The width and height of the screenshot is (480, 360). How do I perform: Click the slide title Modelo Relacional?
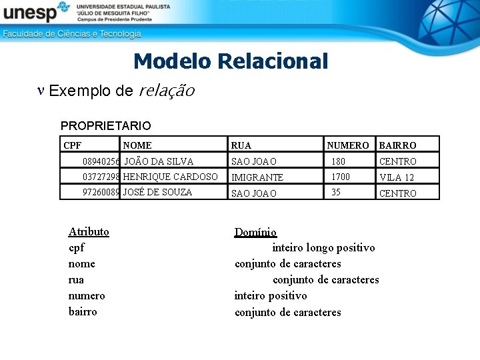231,61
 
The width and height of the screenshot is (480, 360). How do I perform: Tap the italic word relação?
166,91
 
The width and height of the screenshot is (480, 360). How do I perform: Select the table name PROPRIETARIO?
105,125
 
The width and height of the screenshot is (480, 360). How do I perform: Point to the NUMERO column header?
347,145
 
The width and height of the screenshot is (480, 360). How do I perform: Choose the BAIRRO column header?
397,145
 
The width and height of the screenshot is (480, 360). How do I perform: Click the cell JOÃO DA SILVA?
159,161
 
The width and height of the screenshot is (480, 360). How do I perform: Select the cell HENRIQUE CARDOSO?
171,177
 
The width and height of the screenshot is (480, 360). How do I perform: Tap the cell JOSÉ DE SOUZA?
157,192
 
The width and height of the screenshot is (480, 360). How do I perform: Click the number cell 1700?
340,177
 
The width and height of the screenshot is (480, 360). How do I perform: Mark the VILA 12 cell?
397,177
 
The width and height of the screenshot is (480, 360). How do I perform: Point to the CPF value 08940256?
101,161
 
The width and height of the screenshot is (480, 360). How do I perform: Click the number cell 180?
338,161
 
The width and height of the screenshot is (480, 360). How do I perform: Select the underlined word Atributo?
89,231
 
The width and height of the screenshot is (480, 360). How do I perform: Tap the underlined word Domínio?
255,232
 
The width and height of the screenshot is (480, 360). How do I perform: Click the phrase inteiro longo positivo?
323,248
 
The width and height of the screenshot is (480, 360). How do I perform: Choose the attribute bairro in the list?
83,311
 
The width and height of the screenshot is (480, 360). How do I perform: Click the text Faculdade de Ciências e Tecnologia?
72,33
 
